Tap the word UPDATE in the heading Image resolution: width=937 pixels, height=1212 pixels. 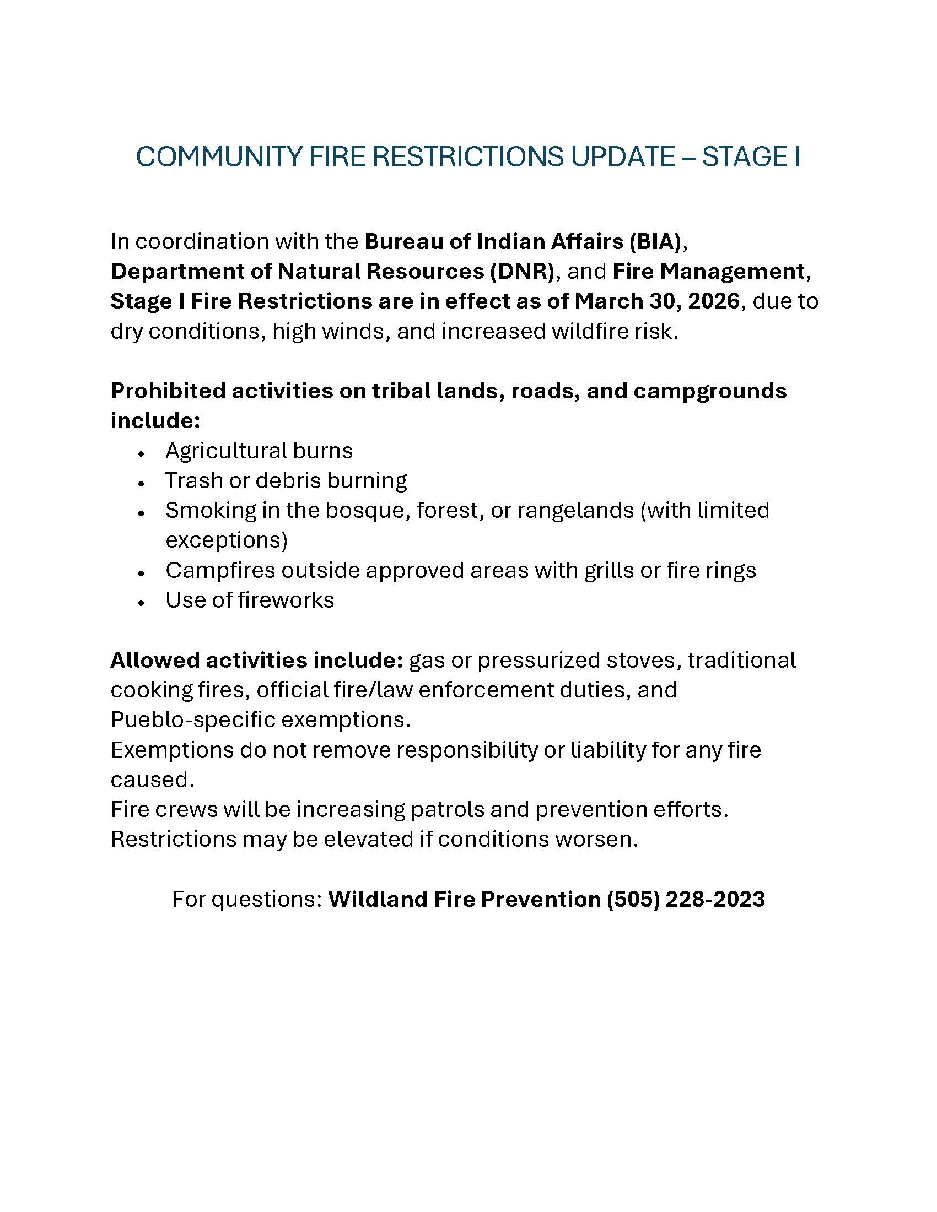623,157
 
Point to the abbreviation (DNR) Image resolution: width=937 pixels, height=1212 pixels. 522,272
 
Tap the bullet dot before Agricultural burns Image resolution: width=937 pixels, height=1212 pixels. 142,454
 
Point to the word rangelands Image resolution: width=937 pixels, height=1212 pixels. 575,511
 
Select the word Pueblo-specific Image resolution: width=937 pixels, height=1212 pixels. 192,720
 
